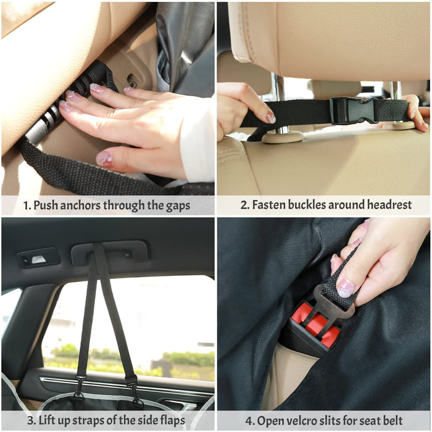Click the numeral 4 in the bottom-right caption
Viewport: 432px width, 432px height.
pyautogui.click(x=249, y=421)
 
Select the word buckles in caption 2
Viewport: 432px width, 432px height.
pyautogui.click(x=307, y=205)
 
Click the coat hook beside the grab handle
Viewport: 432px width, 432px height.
pyautogui.click(x=39, y=258)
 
